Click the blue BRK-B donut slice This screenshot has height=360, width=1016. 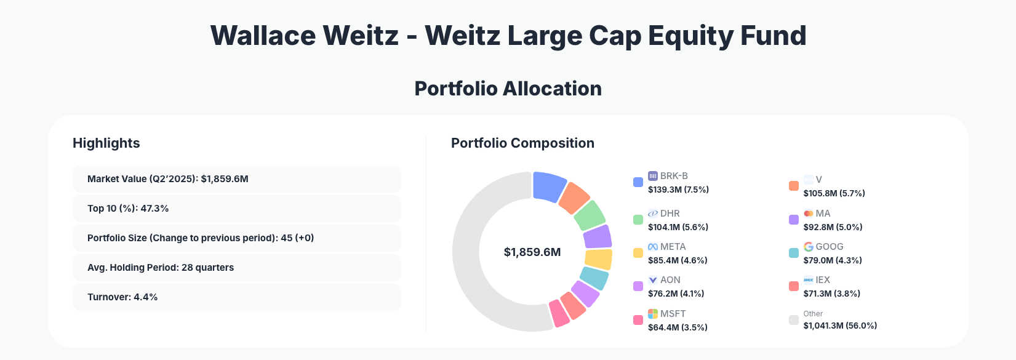point(548,186)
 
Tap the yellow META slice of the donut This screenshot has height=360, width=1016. point(598,259)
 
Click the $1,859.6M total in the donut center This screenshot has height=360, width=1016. point(532,252)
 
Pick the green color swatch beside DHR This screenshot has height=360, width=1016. point(638,220)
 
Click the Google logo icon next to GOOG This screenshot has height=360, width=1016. point(808,247)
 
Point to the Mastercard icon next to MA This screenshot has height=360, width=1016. point(808,214)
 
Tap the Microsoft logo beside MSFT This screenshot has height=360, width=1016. point(653,314)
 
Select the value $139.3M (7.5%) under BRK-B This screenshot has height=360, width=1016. point(678,190)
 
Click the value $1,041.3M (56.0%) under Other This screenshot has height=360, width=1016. point(840,326)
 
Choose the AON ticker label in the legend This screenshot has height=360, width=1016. point(670,280)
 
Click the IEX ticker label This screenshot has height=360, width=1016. point(823,280)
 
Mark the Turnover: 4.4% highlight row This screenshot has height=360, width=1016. point(236,297)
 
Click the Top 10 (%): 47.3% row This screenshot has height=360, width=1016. point(236,209)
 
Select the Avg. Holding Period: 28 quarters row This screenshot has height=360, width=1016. point(236,268)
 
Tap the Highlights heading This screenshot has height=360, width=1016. point(106,143)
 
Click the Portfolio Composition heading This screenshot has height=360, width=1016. point(522,143)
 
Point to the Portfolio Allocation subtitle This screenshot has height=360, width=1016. point(508,89)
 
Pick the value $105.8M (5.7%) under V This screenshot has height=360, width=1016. point(834,193)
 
